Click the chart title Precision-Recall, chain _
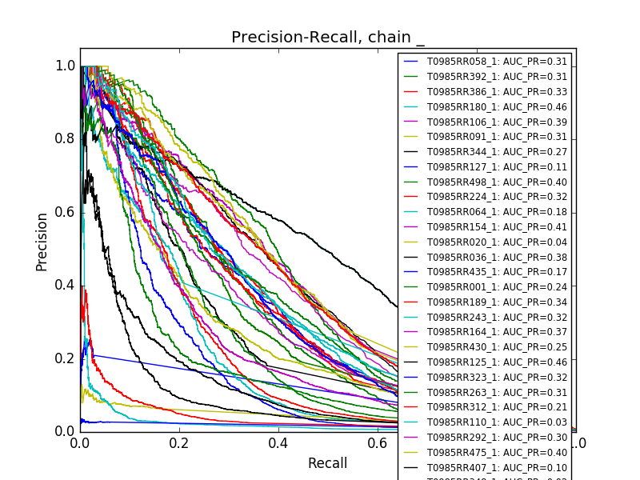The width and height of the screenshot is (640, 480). click(328, 38)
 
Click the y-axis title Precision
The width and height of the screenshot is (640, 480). click(42, 242)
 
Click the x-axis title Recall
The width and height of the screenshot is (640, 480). click(328, 463)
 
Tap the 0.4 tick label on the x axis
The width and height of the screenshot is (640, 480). click(278, 443)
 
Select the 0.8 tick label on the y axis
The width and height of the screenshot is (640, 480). click(66, 138)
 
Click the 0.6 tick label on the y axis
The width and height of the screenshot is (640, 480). click(66, 212)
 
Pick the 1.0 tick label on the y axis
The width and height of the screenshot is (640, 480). click(66, 66)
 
